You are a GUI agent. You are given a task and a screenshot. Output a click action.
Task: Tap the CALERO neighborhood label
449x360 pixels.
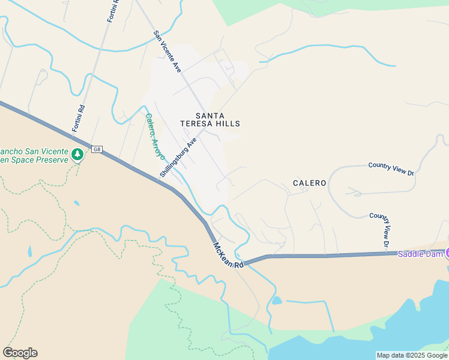(310, 183)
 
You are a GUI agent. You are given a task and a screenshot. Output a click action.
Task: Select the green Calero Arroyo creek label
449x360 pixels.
(155, 136)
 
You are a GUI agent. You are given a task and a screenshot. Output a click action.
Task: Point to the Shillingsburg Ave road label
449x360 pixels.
(178, 157)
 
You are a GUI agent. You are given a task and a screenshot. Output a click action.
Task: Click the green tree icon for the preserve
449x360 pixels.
(77, 155)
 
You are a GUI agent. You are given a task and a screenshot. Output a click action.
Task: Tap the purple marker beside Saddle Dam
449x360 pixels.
(447, 253)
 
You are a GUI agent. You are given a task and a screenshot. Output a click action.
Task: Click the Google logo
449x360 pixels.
(20, 353)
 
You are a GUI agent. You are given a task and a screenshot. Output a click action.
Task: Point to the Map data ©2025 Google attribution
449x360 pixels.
(412, 355)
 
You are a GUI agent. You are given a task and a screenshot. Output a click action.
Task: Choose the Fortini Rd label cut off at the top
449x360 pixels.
(112, 11)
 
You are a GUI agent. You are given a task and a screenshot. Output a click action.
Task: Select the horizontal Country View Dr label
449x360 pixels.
(391, 169)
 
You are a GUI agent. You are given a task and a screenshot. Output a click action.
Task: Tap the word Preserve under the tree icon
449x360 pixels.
(50, 160)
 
